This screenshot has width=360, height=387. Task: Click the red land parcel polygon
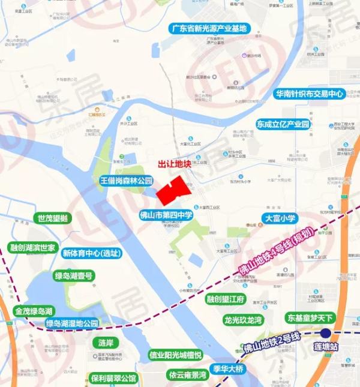tap(173, 190)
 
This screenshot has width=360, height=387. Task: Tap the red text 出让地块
tap(173, 164)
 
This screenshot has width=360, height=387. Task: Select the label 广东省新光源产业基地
tap(208, 28)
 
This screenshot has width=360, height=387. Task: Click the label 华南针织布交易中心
tap(308, 94)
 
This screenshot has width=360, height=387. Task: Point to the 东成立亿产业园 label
tap(283, 124)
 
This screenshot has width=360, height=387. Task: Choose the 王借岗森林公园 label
tap(127, 181)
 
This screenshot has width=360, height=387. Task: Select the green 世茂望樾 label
tap(53, 218)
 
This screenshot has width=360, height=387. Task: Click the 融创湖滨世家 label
tap(32, 247)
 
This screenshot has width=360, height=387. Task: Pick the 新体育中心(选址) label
tap(92, 253)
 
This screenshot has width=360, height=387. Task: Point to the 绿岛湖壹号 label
tap(74, 276)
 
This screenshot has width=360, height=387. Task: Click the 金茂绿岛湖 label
tap(34, 311)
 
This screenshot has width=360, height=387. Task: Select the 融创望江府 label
tap(225, 299)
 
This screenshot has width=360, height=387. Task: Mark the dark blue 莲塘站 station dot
tap(326, 334)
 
